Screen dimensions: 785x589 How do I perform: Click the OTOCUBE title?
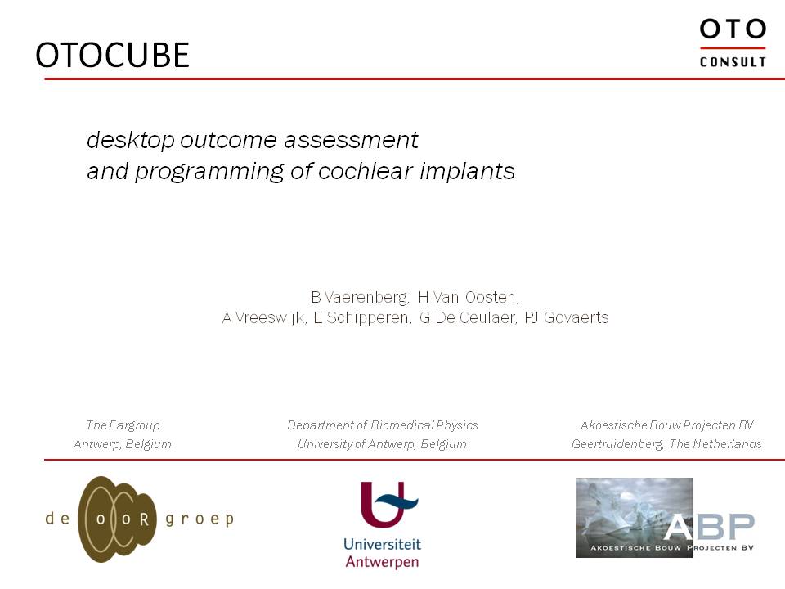coord(113,55)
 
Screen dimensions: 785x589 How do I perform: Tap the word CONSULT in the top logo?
coord(733,62)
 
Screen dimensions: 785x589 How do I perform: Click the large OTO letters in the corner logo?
coord(733,29)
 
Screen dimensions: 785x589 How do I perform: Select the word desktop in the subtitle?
coord(131,140)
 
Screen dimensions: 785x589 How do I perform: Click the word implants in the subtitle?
coord(467,172)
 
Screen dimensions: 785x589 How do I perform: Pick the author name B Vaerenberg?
coord(360,298)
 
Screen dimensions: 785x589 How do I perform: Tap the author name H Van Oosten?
coord(469,298)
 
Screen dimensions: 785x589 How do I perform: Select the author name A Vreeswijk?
coord(264,318)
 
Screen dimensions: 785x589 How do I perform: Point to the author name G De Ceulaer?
coord(468,318)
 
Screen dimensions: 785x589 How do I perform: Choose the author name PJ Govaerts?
coord(567,318)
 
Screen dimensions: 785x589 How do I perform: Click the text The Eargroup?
coord(123,425)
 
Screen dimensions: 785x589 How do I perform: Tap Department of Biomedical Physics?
coord(383,425)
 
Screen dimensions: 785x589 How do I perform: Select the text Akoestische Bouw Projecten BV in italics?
coord(667,425)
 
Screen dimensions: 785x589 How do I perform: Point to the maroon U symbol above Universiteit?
coord(389,505)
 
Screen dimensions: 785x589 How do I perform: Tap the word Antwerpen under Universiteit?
coord(382,562)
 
